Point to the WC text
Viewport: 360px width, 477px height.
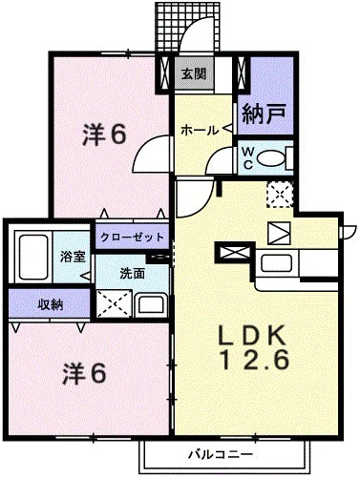click(245, 157)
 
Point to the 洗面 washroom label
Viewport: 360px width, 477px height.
click(132, 272)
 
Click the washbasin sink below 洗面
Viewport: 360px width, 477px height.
click(151, 304)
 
